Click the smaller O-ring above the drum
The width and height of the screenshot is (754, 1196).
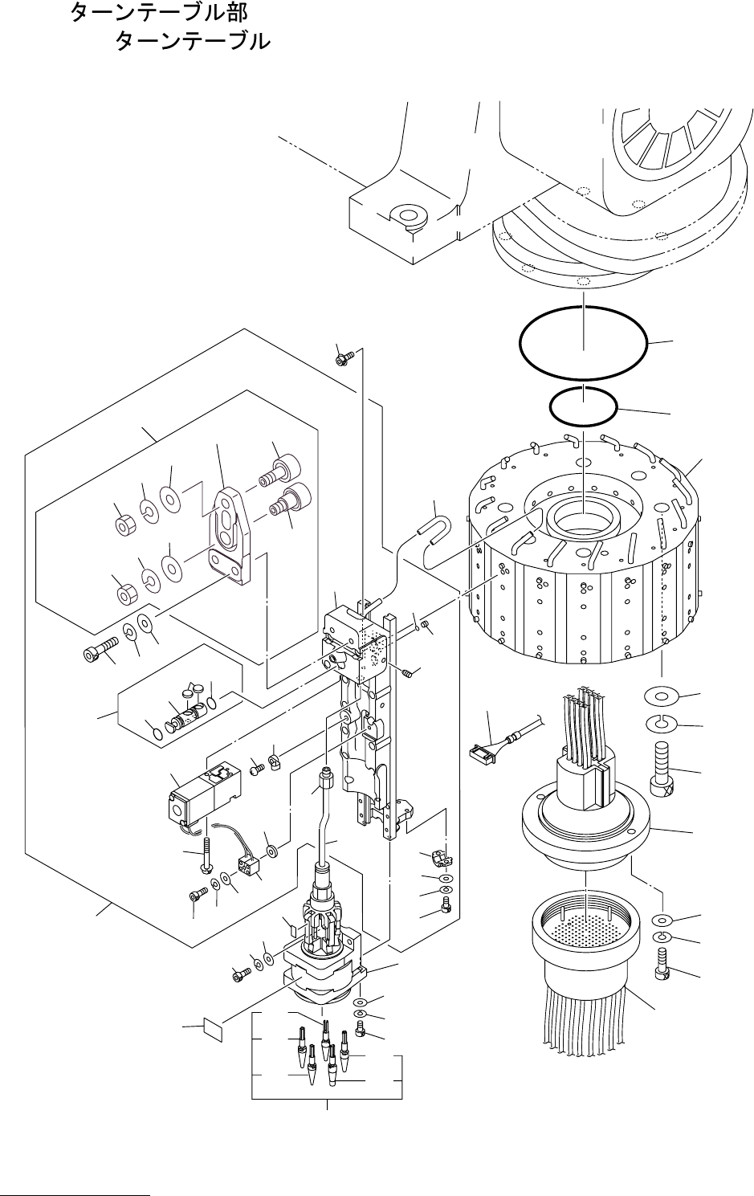click(583, 406)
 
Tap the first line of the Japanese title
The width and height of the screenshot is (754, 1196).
click(160, 13)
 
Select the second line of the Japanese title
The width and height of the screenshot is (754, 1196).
click(193, 41)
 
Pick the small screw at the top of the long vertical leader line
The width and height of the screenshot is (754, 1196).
click(344, 357)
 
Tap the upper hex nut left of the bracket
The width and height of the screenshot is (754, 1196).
click(125, 526)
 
